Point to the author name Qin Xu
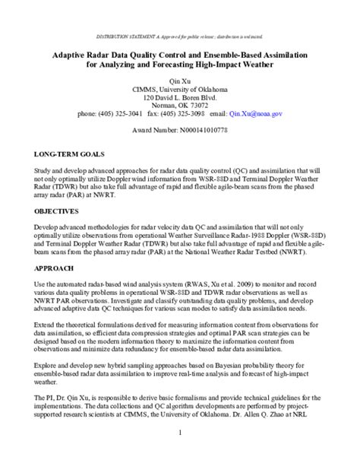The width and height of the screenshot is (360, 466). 179,79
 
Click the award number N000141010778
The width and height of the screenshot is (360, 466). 179,130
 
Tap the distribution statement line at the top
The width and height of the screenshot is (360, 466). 179,36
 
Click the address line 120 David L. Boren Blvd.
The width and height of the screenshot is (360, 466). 179,97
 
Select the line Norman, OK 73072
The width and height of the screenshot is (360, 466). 179,105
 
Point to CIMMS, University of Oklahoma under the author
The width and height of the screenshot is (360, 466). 179,88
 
